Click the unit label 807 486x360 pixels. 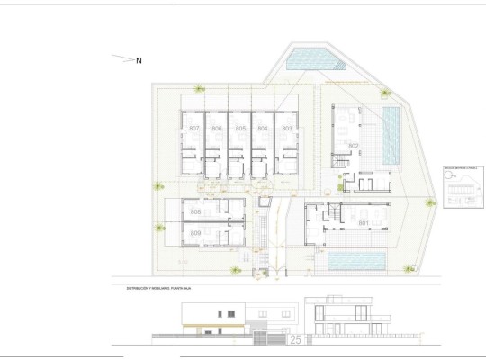(194, 130)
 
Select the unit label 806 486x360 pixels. (217, 130)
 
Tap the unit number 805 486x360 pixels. (240, 130)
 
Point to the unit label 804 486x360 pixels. (263, 130)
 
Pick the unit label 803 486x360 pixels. (287, 130)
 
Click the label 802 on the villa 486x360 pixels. (354, 146)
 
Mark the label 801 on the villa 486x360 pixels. (364, 222)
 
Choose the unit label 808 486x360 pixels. (196, 211)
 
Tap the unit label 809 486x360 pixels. (196, 233)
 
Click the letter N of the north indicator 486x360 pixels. (139, 61)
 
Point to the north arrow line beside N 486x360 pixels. (121, 58)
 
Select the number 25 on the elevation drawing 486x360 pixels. (295, 339)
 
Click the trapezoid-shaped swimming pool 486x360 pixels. (312, 60)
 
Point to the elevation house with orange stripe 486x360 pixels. (213, 319)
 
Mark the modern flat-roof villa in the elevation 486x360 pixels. (346, 319)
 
